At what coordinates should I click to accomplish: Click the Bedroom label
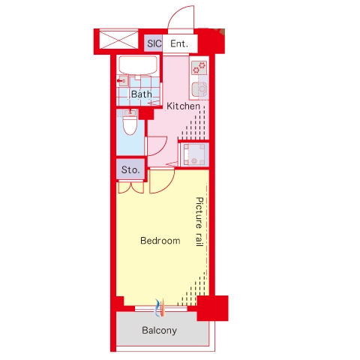(x=160, y=241)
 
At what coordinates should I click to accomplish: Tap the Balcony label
(x=159, y=330)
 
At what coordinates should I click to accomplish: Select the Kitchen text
(x=183, y=106)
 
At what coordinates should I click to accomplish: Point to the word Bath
(x=142, y=94)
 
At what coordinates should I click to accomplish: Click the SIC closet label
(x=154, y=43)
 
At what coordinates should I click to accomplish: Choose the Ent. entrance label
(x=179, y=43)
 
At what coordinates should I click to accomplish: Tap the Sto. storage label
(x=130, y=170)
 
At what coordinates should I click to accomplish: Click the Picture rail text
(x=199, y=222)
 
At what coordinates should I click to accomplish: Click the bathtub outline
(x=138, y=65)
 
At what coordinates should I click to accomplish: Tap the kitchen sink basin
(x=199, y=88)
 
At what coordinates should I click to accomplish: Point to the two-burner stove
(x=199, y=67)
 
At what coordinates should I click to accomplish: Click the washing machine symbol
(x=194, y=154)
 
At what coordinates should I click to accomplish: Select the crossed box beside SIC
(x=118, y=39)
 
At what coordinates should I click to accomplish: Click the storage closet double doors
(x=130, y=187)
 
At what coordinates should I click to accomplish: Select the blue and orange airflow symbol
(x=160, y=307)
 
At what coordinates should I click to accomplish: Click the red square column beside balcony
(x=212, y=308)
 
